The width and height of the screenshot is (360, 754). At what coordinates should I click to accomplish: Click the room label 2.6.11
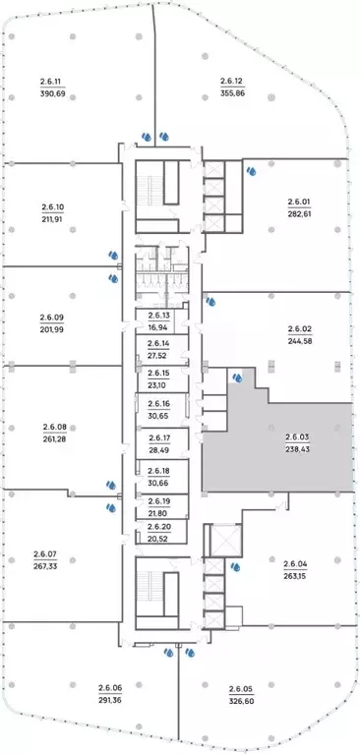(53, 81)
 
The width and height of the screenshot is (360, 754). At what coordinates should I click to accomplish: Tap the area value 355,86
(233, 93)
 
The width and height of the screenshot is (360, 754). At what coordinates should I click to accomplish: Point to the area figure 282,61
(300, 214)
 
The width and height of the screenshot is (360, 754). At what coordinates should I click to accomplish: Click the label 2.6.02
(300, 329)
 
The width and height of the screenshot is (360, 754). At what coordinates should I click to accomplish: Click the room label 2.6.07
(45, 554)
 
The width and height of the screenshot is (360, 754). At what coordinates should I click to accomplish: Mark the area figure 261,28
(54, 438)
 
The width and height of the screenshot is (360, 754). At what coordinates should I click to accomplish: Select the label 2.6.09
(51, 318)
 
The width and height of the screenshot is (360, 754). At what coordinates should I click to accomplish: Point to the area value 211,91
(53, 219)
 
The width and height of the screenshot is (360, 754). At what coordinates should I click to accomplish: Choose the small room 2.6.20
(161, 532)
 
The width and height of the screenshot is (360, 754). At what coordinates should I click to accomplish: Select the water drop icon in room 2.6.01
(251, 171)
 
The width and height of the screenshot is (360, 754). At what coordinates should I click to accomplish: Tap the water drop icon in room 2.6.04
(236, 567)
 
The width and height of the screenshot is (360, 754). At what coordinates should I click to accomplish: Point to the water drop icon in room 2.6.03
(237, 377)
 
